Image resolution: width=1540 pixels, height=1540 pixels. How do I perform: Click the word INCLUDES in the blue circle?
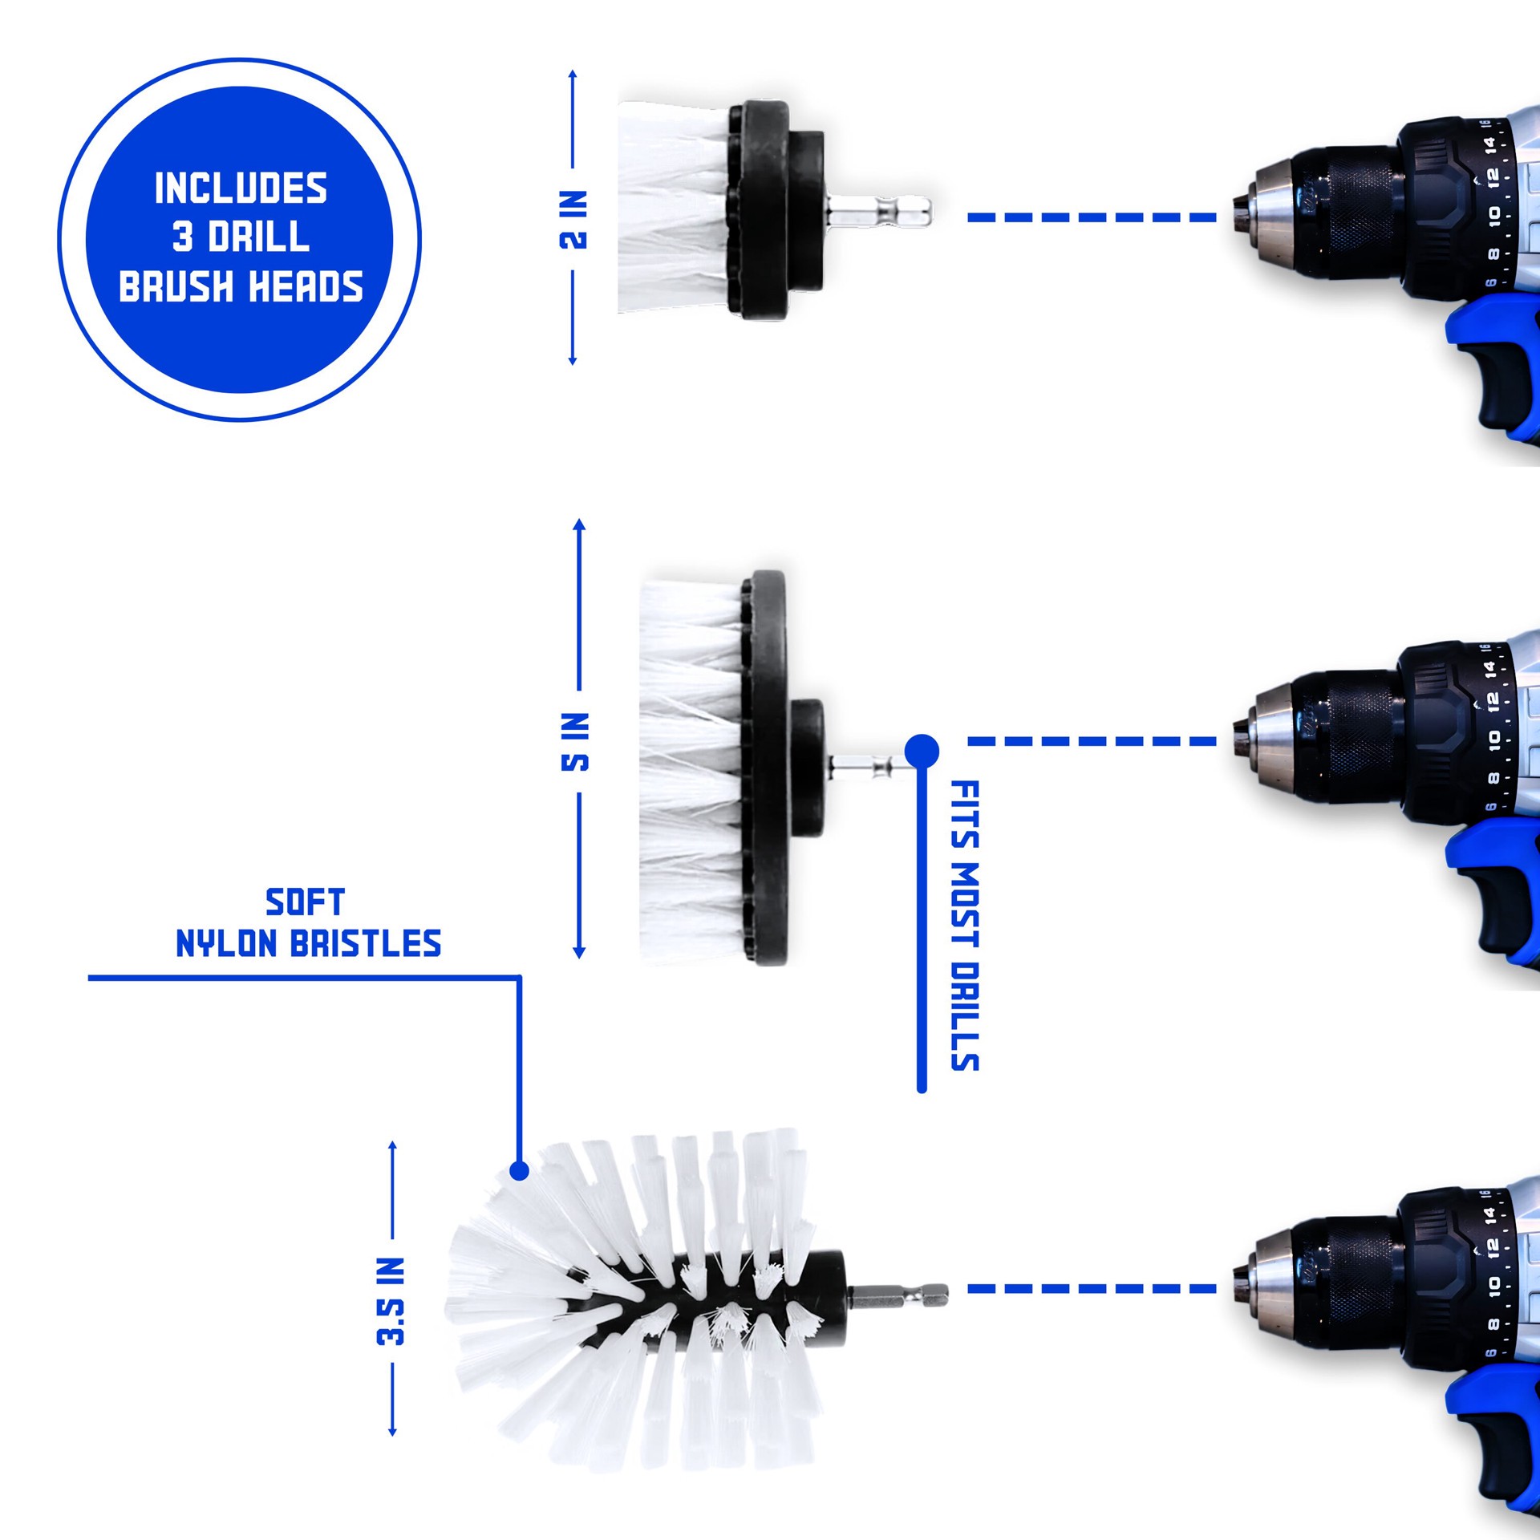pyautogui.click(x=241, y=188)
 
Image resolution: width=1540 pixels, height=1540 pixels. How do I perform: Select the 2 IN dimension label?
pyautogui.click(x=573, y=220)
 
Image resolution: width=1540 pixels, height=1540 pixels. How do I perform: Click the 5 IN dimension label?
pyautogui.click(x=575, y=741)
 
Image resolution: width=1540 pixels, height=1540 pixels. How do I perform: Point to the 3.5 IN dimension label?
pyautogui.click(x=391, y=1301)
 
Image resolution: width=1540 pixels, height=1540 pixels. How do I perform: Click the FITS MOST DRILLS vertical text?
pyautogui.click(x=964, y=926)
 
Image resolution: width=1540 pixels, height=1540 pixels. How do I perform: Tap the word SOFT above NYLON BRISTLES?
pyautogui.click(x=305, y=902)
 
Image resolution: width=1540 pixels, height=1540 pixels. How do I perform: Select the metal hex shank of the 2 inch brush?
pyautogui.click(x=879, y=213)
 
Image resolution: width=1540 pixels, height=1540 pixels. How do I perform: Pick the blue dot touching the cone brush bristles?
pyautogui.click(x=519, y=1171)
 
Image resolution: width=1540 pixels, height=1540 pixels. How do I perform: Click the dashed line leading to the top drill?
pyautogui.click(x=1091, y=217)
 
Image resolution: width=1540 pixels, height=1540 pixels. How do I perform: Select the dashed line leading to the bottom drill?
pyautogui.click(x=1091, y=1289)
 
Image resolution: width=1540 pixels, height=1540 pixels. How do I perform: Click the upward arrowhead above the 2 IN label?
pyautogui.click(x=573, y=75)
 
